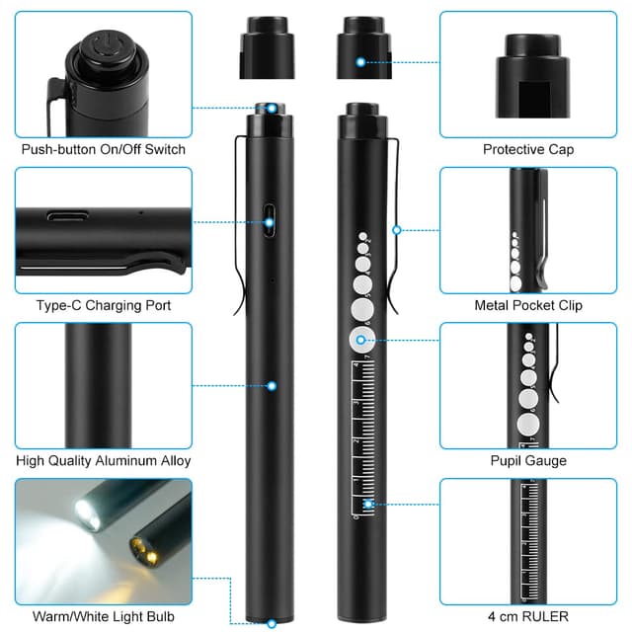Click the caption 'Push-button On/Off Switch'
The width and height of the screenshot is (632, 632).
click(x=104, y=150)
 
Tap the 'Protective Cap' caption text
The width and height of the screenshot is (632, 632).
click(x=527, y=150)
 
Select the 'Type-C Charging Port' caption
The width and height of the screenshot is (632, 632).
click(x=104, y=305)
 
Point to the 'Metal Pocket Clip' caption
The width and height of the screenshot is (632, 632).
click(x=527, y=305)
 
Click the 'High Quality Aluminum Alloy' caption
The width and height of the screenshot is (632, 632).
click(x=104, y=460)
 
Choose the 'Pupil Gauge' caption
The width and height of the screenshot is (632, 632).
click(x=527, y=460)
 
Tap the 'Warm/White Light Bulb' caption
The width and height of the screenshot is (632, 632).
click(x=104, y=616)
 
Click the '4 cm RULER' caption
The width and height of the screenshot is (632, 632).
click(x=527, y=616)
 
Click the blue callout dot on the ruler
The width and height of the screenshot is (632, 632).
click(x=368, y=506)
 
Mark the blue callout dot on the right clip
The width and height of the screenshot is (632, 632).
click(x=397, y=230)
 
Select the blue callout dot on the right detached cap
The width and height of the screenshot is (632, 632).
click(x=360, y=61)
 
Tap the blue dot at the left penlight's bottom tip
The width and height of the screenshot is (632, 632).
click(x=271, y=622)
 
